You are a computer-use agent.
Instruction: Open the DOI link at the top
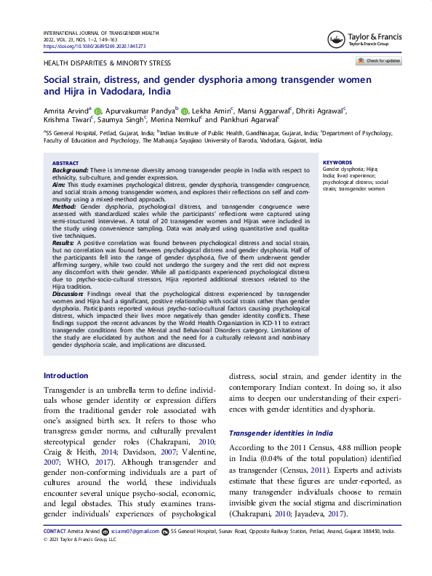[95, 46]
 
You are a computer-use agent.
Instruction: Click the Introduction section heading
[66, 376]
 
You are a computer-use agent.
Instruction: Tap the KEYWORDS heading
[337, 163]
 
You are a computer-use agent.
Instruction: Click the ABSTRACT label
[65, 164]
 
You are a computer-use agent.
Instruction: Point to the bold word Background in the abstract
[69, 169]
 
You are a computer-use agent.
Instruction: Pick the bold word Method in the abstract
[64, 207]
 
